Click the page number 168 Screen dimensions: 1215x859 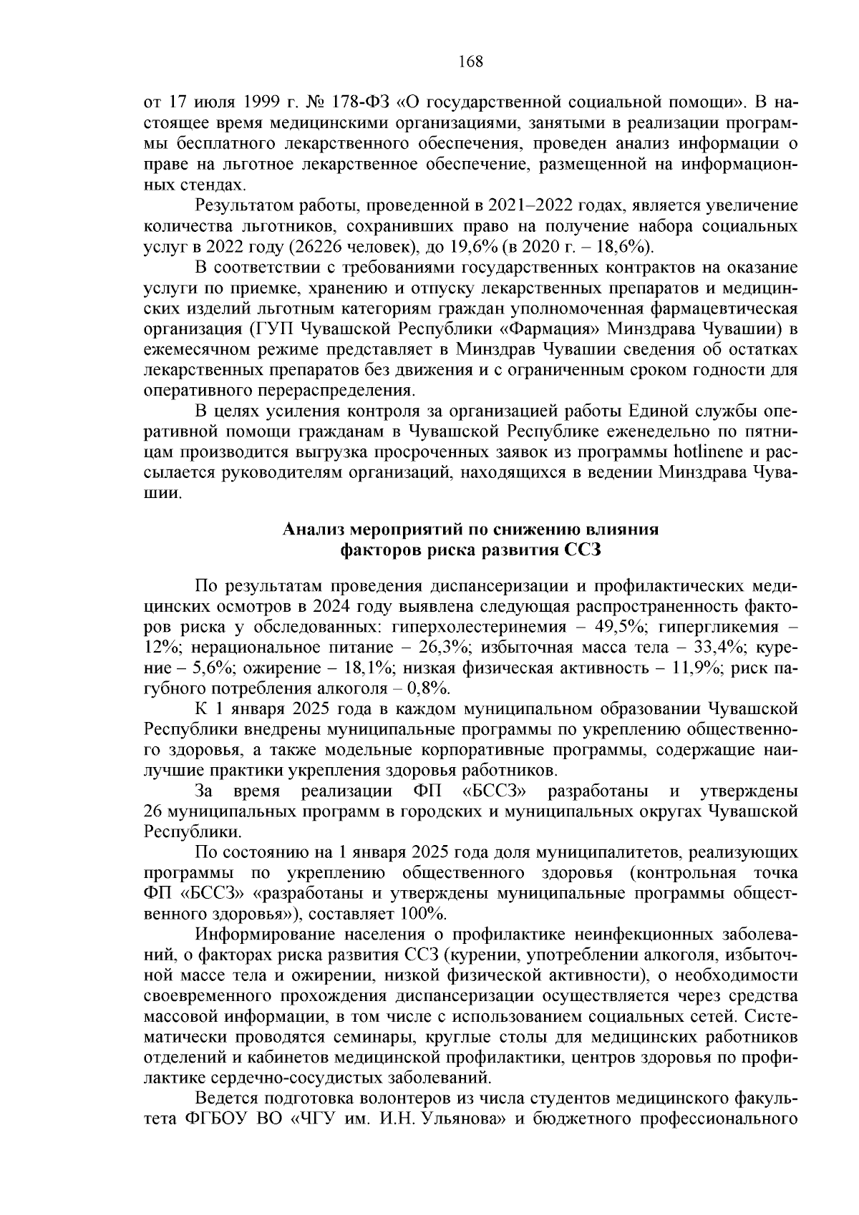pyautogui.click(x=470, y=62)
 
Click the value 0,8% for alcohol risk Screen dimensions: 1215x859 pyautogui.click(x=427, y=689)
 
